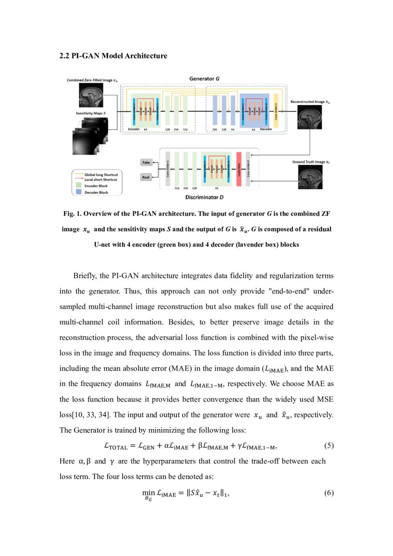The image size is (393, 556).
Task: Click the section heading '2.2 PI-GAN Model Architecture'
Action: coord(113,56)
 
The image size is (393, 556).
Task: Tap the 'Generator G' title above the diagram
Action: coord(204,78)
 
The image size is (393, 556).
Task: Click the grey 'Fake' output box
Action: coord(146,163)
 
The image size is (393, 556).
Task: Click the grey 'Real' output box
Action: coord(146,177)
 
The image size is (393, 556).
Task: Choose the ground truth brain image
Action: coord(309,179)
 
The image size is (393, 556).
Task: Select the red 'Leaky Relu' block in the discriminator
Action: coord(239,169)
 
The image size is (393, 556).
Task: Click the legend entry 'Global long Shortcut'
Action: coord(101,175)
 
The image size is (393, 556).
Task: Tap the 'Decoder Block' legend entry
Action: coord(96,193)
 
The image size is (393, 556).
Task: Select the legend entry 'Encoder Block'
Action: coord(96,186)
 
